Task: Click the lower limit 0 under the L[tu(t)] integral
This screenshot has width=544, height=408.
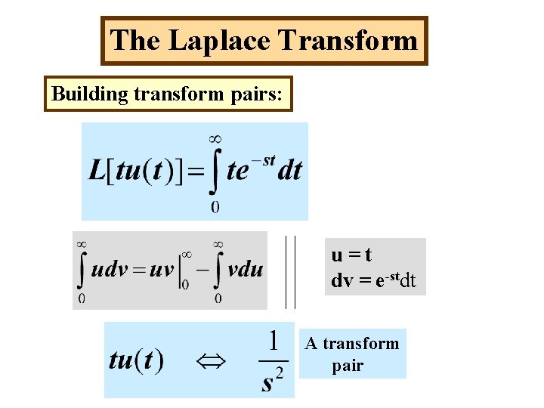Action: pos(215,206)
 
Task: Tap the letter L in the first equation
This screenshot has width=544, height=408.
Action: pos(96,171)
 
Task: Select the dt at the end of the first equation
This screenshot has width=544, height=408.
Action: pos(290,171)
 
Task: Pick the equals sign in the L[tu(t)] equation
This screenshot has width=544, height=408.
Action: pos(194,172)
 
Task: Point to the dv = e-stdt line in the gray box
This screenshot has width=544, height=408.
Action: pos(373,281)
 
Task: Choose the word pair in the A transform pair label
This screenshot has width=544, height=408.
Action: pos(348,366)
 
